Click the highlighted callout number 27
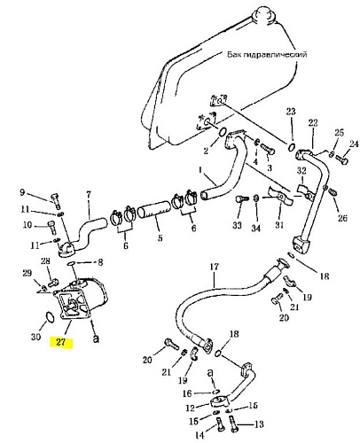click(x=60, y=342)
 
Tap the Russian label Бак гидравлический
click(x=267, y=54)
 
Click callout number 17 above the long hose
click(x=215, y=267)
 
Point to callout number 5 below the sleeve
click(x=160, y=237)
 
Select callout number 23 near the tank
click(x=291, y=112)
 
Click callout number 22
click(x=313, y=122)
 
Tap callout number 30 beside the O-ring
click(x=35, y=337)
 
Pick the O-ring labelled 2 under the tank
click(x=223, y=132)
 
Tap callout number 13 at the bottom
click(x=259, y=424)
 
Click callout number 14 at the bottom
click(x=200, y=435)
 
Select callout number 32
click(x=301, y=170)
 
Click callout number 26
click(x=342, y=218)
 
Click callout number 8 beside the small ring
click(x=100, y=262)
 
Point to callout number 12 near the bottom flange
click(x=191, y=408)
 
